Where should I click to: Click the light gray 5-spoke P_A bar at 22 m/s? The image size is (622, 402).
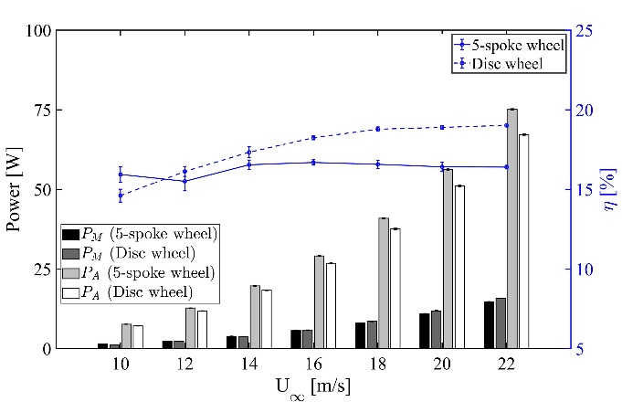tap(512, 228)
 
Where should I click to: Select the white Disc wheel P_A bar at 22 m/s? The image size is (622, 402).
tap(524, 241)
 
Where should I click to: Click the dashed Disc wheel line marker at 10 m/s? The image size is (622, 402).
tap(121, 196)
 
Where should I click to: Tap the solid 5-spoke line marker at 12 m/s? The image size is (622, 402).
tap(184, 181)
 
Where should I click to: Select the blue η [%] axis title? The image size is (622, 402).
tap(606, 189)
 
